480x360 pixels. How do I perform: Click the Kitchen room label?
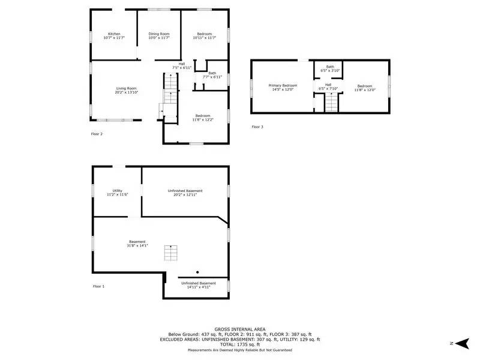(114, 34)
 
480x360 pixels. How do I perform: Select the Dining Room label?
(160, 34)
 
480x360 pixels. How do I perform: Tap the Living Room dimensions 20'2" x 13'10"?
(127, 93)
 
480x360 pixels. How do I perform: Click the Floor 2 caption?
(97, 134)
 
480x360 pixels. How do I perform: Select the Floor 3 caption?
(257, 127)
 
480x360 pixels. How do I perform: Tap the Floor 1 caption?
(98, 286)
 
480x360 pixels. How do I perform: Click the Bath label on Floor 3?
(330, 67)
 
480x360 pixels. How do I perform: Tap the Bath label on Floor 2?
(212, 73)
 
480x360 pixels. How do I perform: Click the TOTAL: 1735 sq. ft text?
(239, 344)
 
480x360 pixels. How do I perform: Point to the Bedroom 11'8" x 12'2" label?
(202, 115)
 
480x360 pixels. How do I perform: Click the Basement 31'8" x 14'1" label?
(137, 242)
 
